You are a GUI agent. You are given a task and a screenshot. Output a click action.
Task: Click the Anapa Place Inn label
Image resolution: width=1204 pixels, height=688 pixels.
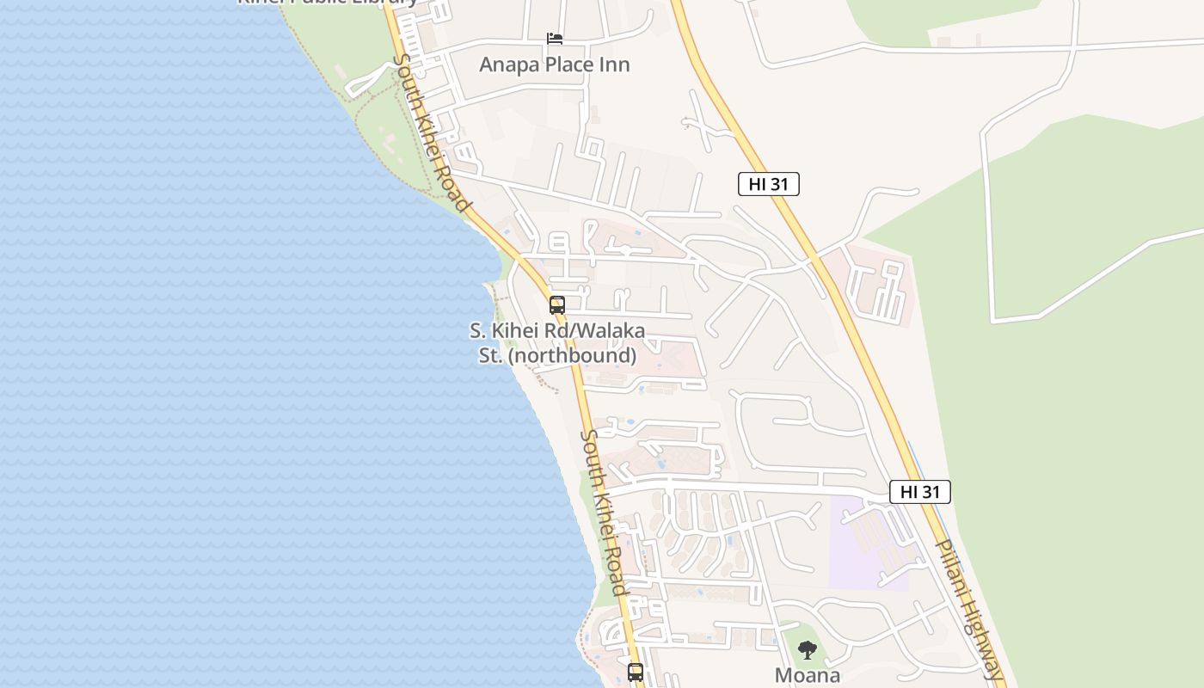tap(554, 64)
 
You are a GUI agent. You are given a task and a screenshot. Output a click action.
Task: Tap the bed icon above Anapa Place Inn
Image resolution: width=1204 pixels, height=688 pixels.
tap(555, 39)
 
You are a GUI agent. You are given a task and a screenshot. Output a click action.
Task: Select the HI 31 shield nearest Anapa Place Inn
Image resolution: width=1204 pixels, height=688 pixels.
tap(768, 183)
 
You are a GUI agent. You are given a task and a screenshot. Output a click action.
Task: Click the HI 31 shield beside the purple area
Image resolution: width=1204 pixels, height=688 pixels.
tap(919, 492)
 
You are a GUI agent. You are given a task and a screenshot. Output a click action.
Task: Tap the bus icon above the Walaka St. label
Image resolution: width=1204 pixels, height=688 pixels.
tap(557, 305)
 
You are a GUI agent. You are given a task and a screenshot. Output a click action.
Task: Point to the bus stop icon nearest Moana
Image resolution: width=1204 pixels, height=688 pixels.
tap(636, 672)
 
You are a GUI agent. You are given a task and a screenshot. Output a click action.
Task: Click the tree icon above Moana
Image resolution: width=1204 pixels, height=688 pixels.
tap(807, 650)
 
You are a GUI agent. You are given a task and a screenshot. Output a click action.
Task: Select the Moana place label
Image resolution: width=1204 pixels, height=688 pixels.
tap(807, 675)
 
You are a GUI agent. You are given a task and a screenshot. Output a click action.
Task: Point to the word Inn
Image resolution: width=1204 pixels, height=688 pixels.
tap(615, 64)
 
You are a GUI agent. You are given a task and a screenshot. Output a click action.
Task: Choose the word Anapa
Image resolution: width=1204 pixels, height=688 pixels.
tap(507, 64)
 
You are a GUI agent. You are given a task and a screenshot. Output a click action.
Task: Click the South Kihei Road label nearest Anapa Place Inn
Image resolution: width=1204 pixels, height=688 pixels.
tap(431, 133)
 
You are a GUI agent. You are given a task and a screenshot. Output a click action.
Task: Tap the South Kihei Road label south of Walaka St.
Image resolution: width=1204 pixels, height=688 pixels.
tap(602, 513)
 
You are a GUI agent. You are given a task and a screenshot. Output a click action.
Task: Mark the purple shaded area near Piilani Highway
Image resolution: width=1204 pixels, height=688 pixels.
tap(864, 542)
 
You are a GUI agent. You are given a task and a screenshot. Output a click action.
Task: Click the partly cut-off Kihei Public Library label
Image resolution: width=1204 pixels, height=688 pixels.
tap(328, 3)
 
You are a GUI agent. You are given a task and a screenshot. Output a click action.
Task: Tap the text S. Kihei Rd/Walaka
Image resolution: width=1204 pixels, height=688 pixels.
tap(556, 331)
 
